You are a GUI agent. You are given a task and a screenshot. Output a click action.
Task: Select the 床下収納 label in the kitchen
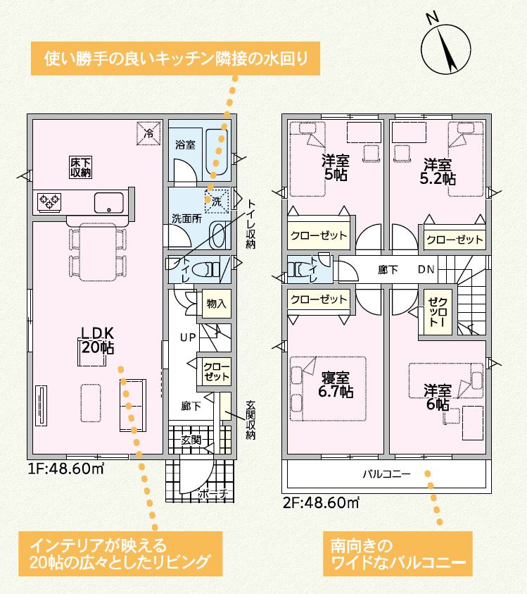[80, 168]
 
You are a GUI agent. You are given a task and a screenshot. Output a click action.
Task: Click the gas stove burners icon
[49, 202]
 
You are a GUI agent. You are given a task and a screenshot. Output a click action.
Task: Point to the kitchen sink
[109, 202]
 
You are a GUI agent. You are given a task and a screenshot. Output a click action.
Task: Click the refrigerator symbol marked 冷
[148, 132]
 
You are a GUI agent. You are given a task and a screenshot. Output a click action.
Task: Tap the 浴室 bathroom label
[184, 144]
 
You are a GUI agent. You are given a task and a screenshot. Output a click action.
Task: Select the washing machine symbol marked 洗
[217, 199]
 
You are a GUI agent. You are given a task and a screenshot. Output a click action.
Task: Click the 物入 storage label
[215, 304]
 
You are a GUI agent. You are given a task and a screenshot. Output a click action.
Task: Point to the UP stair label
[187, 338]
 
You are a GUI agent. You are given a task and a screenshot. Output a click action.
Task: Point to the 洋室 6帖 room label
[436, 397]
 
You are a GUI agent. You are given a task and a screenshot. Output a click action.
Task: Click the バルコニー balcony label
[386, 474]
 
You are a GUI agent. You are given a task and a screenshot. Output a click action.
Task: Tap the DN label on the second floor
[426, 270]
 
